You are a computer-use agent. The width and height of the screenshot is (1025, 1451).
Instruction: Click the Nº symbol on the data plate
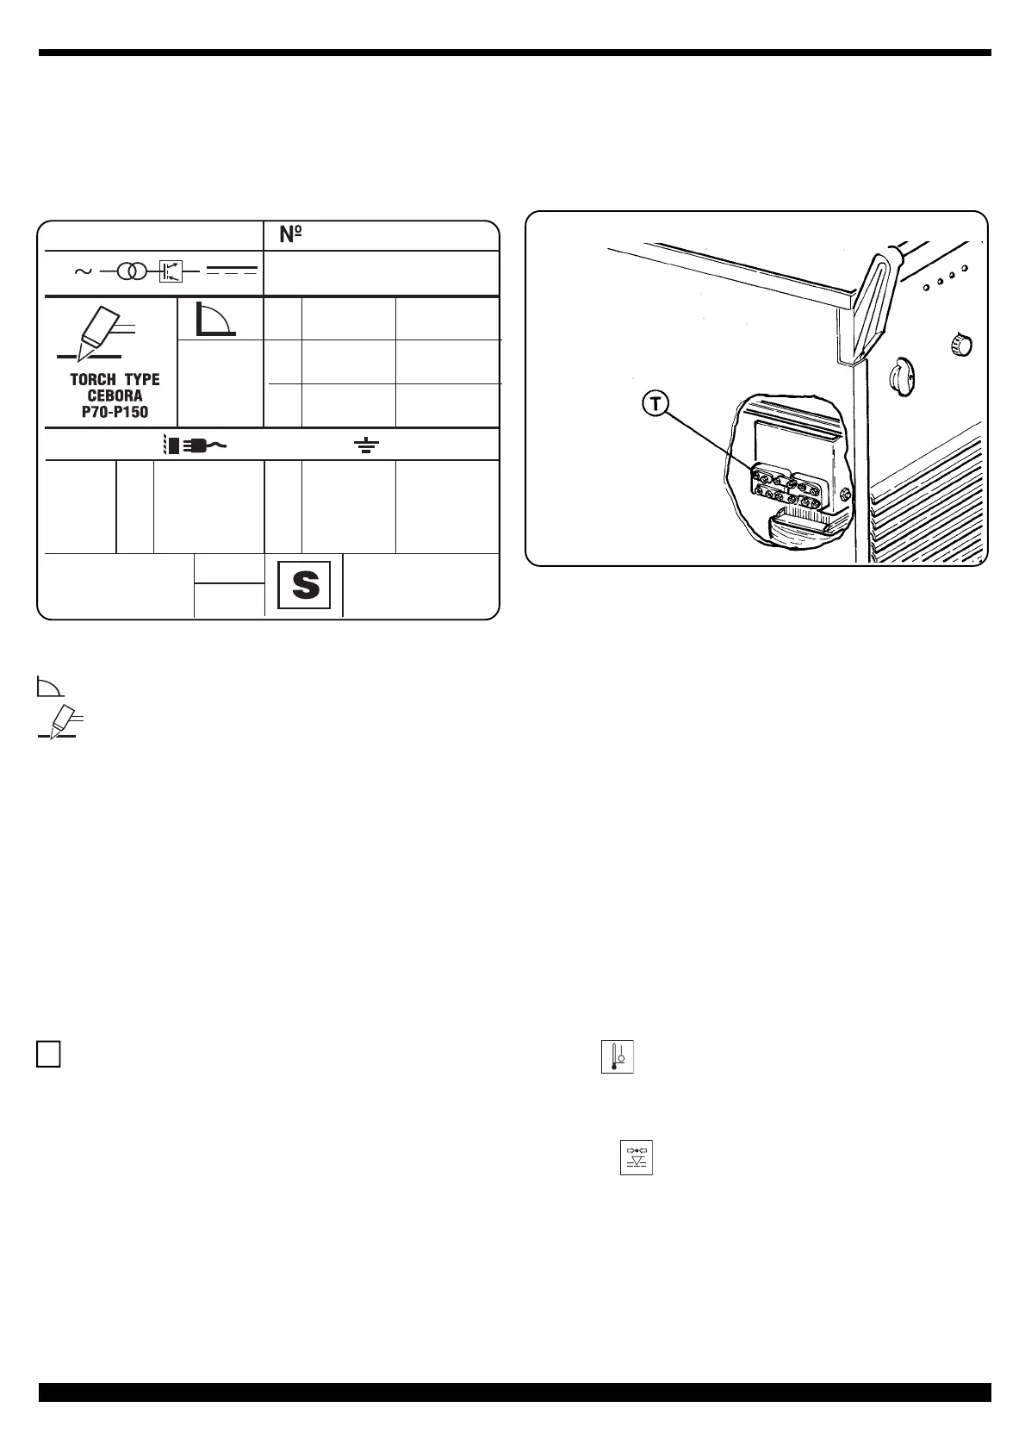290,234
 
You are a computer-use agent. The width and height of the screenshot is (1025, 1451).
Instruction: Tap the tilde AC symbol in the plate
84,271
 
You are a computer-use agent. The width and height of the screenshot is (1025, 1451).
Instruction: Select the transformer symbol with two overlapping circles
132,271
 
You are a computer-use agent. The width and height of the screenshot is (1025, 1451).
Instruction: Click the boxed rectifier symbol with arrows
171,271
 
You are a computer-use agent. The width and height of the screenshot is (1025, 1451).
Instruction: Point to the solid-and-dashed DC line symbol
232,271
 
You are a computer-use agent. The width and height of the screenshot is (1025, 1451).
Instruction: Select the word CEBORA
115,395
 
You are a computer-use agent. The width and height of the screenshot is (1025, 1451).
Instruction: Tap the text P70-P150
115,412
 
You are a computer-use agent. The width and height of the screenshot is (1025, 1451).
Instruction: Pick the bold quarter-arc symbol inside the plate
215,318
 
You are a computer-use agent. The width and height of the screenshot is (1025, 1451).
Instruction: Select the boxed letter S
305,586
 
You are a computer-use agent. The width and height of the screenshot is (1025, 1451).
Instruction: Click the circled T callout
655,404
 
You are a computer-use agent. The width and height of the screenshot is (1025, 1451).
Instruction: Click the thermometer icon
617,1056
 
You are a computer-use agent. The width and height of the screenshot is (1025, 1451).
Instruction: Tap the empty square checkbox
49,1055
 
